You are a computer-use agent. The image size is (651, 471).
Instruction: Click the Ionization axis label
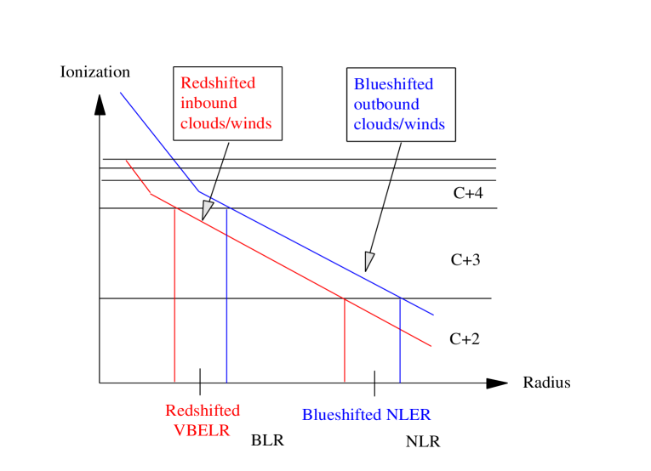(95, 72)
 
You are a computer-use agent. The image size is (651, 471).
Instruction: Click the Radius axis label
(546, 383)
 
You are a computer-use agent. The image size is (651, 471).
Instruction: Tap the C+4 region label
(467, 194)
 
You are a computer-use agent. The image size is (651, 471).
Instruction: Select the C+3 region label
(465, 260)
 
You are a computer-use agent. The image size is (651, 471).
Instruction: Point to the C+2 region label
(465, 338)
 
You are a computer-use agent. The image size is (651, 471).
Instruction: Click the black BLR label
(267, 441)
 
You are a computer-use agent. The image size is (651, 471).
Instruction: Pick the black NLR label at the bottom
(423, 443)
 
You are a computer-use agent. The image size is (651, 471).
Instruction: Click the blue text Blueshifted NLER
(366, 416)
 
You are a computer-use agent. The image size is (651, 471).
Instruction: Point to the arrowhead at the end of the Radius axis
(497, 383)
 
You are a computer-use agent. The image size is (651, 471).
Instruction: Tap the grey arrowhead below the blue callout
(369, 261)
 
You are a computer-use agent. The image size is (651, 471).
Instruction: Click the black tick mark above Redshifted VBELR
(200, 381)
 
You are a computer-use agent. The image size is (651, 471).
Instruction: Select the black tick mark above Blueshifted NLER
(374, 383)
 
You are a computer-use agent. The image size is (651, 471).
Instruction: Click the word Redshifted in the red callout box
(218, 83)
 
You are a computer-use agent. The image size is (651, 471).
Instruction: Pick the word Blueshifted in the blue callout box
(393, 84)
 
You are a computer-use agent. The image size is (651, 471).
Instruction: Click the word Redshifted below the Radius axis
(203, 411)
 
